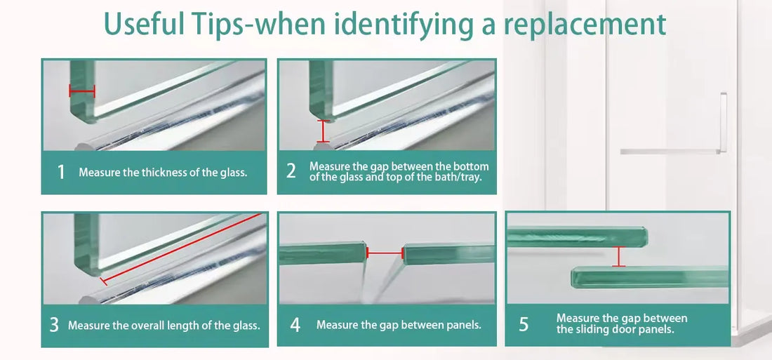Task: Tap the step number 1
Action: pyautogui.click(x=61, y=172)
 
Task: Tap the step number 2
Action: pyautogui.click(x=291, y=171)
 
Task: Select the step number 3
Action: pyautogui.click(x=54, y=325)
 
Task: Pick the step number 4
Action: pyautogui.click(x=295, y=325)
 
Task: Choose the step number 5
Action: pyautogui.click(x=524, y=324)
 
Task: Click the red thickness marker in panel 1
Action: pyautogui.click(x=81, y=91)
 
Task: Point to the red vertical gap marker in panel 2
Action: pyautogui.click(x=323, y=131)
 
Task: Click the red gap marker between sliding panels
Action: pyautogui.click(x=618, y=256)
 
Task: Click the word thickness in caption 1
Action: pyautogui.click(x=147, y=172)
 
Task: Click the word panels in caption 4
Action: pyautogui.click(x=463, y=325)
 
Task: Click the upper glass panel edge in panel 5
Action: pyautogui.click(x=575, y=236)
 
